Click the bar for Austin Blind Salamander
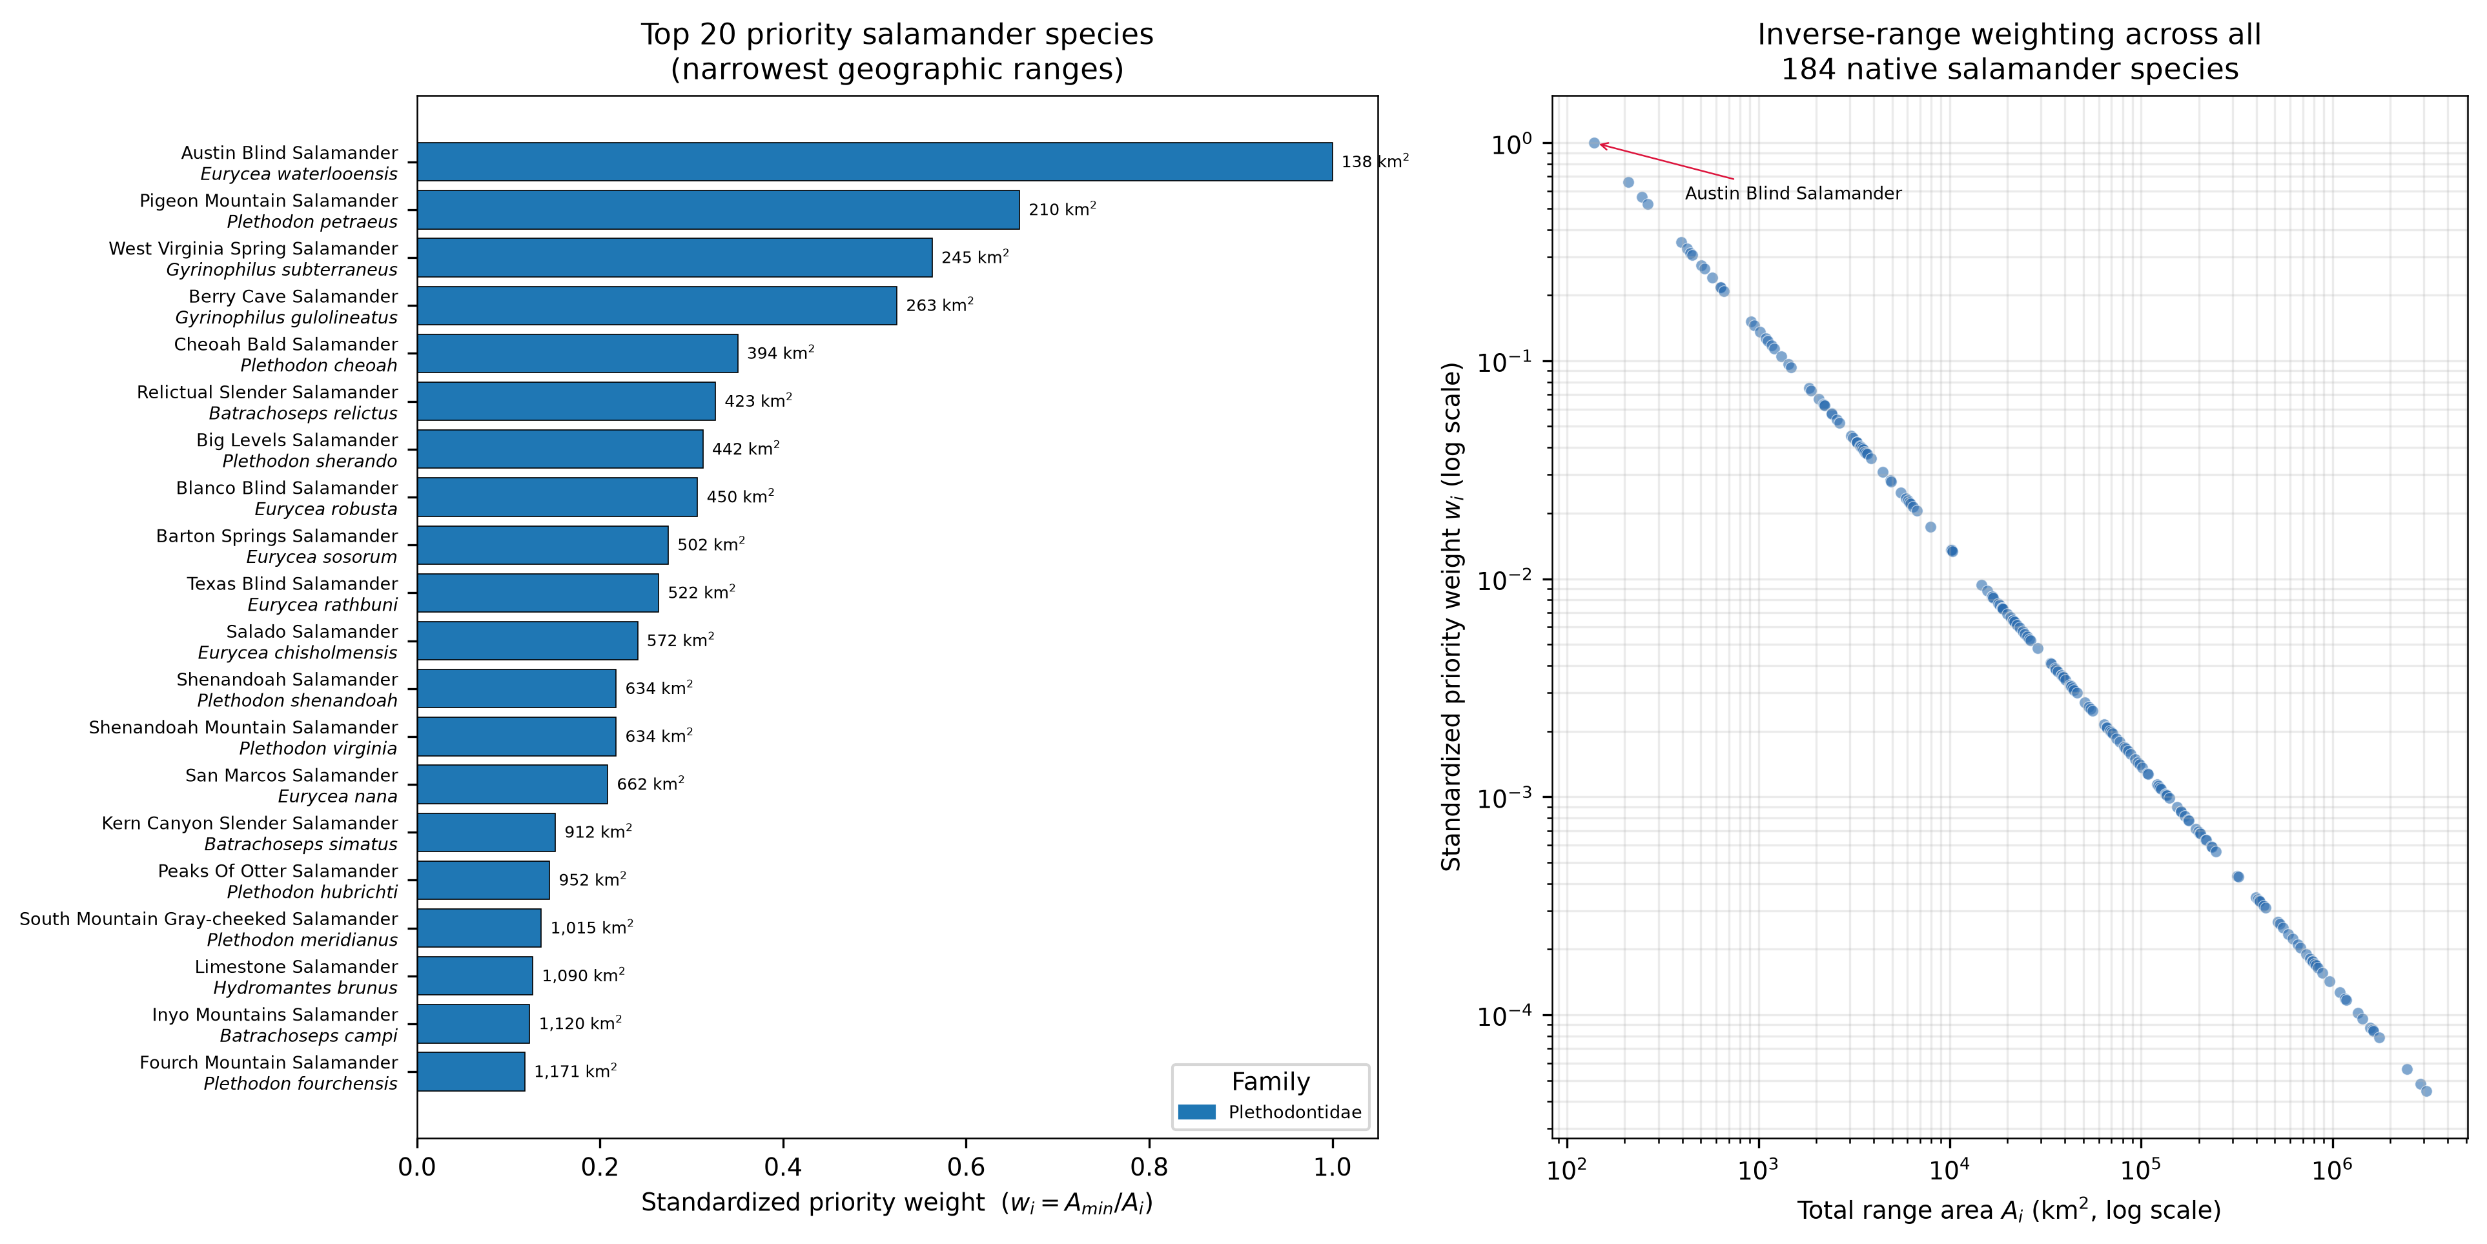875,162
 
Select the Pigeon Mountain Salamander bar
719,209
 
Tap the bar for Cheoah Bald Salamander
577,353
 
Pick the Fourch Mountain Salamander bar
471,1071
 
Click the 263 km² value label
939,305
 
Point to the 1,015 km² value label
592,928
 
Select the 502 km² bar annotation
711,544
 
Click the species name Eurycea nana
338,796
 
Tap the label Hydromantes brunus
305,987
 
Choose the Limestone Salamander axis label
296,966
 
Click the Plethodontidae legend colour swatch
1197,1112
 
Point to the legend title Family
1271,1082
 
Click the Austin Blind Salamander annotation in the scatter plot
1793,193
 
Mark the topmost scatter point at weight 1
1594,143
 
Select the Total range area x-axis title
2009,1210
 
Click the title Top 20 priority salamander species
897,35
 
